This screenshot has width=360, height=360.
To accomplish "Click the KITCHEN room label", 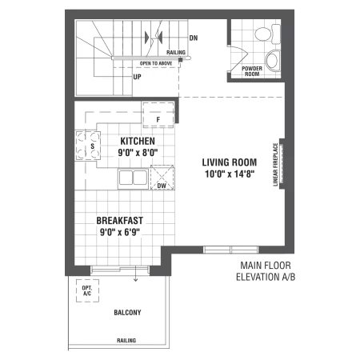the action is [x=138, y=141].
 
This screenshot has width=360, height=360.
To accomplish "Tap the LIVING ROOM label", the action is [x=230, y=162].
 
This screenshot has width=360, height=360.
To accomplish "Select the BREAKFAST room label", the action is [x=120, y=221].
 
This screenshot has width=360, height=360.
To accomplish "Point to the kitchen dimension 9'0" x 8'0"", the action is [x=138, y=153].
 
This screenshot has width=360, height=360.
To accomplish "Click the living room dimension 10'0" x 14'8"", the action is [x=230, y=174].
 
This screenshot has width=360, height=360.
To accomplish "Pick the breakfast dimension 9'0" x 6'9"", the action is [x=120, y=232].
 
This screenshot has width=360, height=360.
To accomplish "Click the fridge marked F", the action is [x=158, y=114].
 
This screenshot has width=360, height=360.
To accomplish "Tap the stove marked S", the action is [x=88, y=146].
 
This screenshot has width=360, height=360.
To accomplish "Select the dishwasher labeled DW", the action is [x=162, y=178].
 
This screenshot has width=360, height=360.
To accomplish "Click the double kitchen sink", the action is [x=133, y=178].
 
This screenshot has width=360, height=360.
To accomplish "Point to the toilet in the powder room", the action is [x=267, y=34].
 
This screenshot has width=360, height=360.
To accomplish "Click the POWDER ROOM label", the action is [x=252, y=71].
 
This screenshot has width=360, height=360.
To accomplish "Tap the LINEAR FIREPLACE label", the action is [x=275, y=164].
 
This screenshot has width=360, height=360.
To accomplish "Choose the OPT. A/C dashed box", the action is [x=87, y=290].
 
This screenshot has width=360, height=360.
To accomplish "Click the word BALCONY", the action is [x=127, y=312].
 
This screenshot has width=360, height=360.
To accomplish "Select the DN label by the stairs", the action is [x=194, y=38].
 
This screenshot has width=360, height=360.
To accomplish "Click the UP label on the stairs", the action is [x=137, y=77].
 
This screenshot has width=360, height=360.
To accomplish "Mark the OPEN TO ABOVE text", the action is [x=156, y=63].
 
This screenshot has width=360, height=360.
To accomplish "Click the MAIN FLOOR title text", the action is [x=266, y=266].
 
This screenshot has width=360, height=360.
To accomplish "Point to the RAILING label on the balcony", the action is [x=126, y=340].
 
